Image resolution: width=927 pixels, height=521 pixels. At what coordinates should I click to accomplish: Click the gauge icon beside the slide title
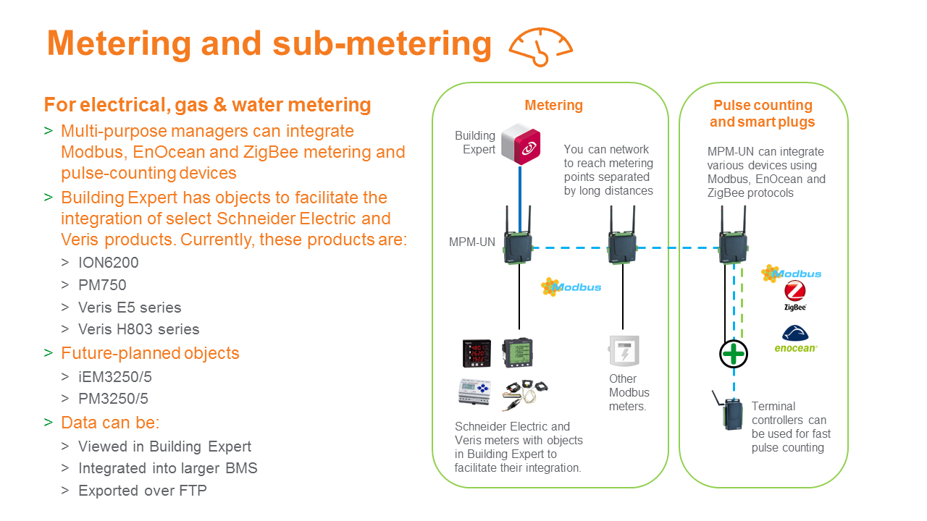(540, 47)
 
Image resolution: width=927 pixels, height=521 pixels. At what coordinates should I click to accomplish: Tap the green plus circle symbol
(733, 354)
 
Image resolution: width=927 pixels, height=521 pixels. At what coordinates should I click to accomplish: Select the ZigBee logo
(794, 296)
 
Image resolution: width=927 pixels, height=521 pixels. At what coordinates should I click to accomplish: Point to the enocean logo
(795, 339)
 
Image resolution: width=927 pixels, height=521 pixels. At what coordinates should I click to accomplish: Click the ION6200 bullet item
(108, 263)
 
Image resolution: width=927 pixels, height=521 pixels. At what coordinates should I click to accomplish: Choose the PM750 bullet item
(102, 285)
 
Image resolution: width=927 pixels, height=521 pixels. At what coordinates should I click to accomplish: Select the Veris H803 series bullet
(138, 329)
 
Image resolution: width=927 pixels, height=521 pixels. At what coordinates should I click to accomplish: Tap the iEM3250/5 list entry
(115, 377)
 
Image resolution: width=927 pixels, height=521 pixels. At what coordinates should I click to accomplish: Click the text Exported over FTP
(142, 491)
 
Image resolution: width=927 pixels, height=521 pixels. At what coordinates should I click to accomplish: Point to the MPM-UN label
(472, 242)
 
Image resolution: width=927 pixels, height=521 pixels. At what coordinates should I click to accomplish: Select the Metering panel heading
(553, 106)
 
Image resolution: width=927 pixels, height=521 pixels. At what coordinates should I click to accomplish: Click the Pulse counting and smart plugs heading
(763, 114)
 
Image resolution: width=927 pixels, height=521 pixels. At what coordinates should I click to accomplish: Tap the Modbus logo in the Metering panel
(571, 287)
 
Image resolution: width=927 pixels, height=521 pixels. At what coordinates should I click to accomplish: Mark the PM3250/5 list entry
(114, 399)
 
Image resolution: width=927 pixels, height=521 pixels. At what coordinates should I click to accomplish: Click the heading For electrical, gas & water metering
(207, 105)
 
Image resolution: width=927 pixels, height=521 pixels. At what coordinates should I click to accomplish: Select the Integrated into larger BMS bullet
(167, 468)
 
